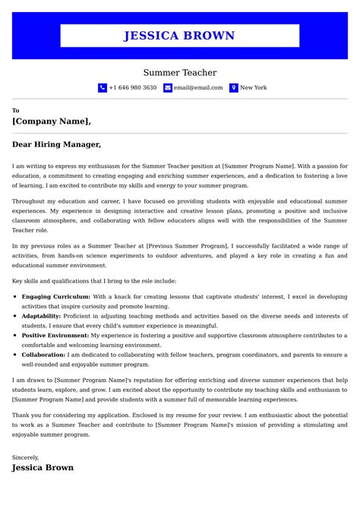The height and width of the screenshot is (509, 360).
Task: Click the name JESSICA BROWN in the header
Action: tap(179, 36)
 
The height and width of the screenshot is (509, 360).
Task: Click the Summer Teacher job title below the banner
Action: tap(180, 73)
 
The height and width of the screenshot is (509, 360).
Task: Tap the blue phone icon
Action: tap(103, 88)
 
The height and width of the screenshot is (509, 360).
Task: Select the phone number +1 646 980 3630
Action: tap(133, 88)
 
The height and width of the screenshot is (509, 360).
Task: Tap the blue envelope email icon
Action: tap(168, 88)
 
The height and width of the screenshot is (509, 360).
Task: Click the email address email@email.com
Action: tap(198, 88)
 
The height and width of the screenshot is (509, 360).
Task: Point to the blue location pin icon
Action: tap(234, 88)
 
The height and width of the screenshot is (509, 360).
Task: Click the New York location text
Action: tap(254, 88)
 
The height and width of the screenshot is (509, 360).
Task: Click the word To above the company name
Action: tap(16, 111)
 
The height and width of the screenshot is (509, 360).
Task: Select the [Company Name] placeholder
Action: tap(51, 121)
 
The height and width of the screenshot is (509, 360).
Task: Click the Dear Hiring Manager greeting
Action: tap(56, 144)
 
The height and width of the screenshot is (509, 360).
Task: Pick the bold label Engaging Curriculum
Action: tap(56, 296)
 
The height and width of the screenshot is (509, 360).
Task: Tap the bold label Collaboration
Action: tap(43, 354)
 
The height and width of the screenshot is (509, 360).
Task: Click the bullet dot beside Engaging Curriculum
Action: tap(16, 296)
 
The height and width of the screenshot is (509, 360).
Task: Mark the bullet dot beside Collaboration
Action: tap(16, 354)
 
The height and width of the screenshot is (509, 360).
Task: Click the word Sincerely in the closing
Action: tap(25, 457)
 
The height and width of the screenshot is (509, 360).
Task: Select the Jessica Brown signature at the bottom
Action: tap(43, 468)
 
